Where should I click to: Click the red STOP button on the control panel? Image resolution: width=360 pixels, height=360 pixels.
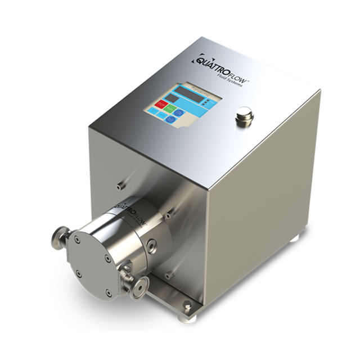tap(160, 105)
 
